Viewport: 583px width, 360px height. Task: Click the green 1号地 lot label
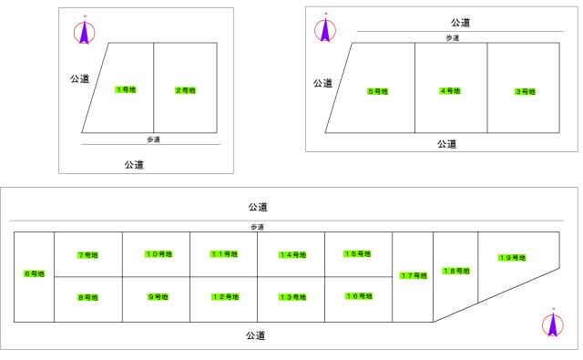click(x=126, y=88)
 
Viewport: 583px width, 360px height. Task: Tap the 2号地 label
click(x=185, y=90)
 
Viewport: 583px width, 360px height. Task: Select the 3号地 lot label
click(x=524, y=91)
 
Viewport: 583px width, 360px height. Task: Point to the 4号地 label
click(x=450, y=91)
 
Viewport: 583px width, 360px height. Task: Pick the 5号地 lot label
click(x=377, y=91)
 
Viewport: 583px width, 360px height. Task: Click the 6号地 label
click(x=35, y=273)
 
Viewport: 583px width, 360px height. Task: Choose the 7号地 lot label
click(x=87, y=254)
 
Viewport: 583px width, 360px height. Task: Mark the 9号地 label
click(x=157, y=296)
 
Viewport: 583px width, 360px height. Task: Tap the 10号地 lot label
click(x=157, y=253)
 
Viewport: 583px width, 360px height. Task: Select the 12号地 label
click(x=224, y=296)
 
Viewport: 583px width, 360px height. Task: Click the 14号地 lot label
click(x=291, y=254)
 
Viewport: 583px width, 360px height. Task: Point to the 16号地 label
click(x=358, y=295)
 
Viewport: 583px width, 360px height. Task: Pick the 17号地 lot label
click(x=413, y=275)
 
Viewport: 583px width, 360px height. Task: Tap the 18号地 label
click(x=455, y=271)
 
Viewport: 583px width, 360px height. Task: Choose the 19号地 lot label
click(x=511, y=258)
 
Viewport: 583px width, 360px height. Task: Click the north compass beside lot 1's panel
click(x=84, y=32)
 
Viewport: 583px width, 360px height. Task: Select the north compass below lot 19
click(x=552, y=324)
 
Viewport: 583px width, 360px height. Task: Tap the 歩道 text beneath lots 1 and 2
click(x=155, y=139)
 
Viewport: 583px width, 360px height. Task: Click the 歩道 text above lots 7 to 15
click(x=257, y=227)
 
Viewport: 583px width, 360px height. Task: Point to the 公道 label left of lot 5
click(x=322, y=83)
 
